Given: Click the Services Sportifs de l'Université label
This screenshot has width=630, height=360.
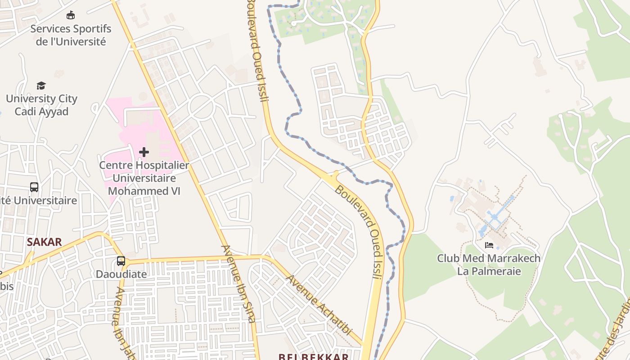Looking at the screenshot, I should (71, 35).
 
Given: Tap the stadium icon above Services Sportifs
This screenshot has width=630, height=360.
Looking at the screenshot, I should (71, 16).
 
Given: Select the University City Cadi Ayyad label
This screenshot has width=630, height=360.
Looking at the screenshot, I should (41, 105).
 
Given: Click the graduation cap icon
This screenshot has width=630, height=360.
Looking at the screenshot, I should (41, 85).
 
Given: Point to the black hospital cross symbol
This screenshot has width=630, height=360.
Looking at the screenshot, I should (144, 152).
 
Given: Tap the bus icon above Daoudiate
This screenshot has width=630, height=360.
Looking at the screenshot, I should (121, 261).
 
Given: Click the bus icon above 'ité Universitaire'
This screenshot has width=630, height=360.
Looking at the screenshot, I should (34, 187).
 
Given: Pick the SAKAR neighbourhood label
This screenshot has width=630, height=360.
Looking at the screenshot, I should (44, 242).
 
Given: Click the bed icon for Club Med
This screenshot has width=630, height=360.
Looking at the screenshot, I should (489, 245).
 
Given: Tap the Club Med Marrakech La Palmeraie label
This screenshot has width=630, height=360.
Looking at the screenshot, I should (489, 265).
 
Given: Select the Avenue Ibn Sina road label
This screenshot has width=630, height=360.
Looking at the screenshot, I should (238, 283).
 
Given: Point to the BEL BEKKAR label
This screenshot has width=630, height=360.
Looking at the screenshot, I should (313, 357).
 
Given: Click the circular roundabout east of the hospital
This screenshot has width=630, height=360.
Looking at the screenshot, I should (201, 107).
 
